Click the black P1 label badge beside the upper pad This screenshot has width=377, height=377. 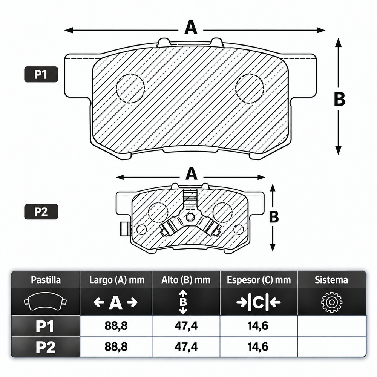pyautogui.click(x=41, y=74)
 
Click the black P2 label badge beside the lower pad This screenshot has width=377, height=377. pyautogui.click(x=41, y=211)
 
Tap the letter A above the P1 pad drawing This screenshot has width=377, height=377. pyautogui.click(x=191, y=28)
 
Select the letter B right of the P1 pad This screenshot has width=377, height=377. pyautogui.click(x=340, y=99)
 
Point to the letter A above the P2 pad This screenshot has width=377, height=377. pyautogui.click(x=192, y=174)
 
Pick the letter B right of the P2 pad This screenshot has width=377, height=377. pyautogui.click(x=274, y=217)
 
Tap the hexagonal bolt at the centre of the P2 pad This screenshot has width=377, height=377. pyautogui.click(x=190, y=217)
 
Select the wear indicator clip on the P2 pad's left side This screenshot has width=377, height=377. pyautogui.click(x=126, y=229)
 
